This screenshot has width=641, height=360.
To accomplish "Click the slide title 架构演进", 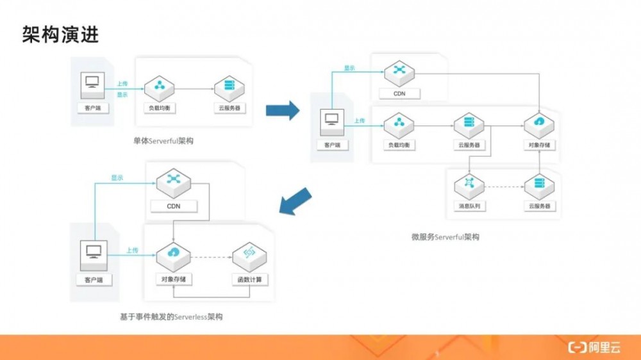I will [61, 35].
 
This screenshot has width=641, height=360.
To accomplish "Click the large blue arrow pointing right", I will [283, 110].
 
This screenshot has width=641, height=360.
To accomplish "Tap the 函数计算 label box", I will [250, 280].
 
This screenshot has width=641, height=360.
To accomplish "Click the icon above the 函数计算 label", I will [249, 254].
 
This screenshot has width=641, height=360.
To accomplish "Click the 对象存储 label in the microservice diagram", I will [538, 145].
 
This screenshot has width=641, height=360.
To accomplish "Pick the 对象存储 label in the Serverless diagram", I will [174, 280].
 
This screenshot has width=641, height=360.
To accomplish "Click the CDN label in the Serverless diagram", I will [174, 206].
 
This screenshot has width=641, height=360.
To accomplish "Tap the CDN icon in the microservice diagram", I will [399, 70].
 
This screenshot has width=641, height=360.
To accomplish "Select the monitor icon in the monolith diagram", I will [93, 83].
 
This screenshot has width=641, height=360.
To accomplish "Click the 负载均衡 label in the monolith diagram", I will [159, 108].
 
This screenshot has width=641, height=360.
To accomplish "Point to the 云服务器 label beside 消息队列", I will [539, 206].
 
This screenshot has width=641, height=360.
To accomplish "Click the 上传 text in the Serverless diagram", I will [132, 250].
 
